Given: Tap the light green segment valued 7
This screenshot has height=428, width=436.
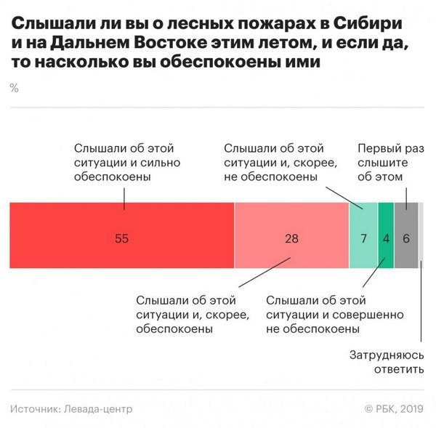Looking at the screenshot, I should [363, 251].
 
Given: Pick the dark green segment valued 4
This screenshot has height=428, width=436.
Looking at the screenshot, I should [386, 251].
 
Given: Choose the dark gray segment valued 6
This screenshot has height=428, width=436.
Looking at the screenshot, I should [405, 251].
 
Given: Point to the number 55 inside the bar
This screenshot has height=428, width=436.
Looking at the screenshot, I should [121, 238].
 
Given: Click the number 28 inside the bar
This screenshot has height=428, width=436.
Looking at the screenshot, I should [291, 238].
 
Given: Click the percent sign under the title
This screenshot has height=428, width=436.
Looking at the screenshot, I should [15, 88].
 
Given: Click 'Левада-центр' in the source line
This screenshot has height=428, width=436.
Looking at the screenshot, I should [98, 409].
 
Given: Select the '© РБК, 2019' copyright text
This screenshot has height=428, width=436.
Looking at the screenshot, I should [394, 409].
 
